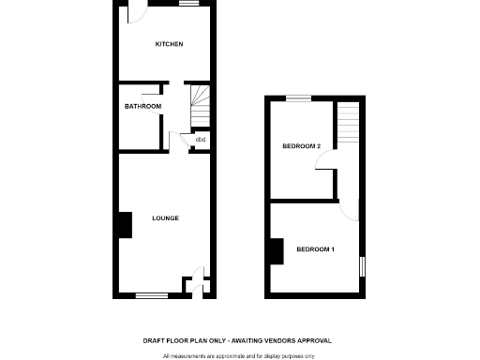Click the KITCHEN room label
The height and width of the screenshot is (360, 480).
pos(169,44)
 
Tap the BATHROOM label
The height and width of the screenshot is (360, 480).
pos(142,106)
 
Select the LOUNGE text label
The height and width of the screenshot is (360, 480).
pos(165,218)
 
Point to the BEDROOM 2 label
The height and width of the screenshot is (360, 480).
pos(302,146)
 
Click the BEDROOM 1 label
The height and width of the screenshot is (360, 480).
pos(315,248)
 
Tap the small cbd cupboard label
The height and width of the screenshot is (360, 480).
pos(201,141)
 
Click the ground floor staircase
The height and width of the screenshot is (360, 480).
pos(200,109)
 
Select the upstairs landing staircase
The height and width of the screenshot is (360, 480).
pos(349,123)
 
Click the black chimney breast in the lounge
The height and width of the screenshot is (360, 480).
pos(123,226)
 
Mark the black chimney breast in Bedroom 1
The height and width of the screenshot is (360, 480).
pos(277,251)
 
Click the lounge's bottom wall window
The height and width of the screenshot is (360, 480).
pos(150,296)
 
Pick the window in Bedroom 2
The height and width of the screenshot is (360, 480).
pos(298,97)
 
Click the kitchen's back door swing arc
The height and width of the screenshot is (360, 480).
pos(136,15)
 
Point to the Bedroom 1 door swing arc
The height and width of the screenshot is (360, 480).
pos(350,209)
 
